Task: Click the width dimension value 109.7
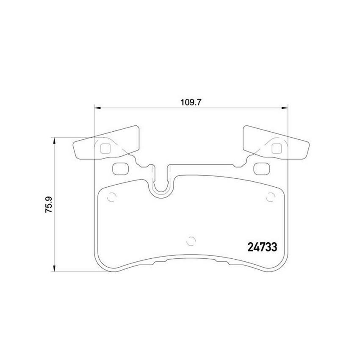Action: point(191,102)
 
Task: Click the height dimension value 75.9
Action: point(49,205)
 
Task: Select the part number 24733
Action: point(263,247)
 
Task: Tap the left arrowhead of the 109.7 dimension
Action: point(98,108)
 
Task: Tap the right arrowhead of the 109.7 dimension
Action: point(285,108)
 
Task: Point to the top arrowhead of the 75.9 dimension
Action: point(54,141)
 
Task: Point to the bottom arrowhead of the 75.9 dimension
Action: point(54,269)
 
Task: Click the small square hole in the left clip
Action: point(105,149)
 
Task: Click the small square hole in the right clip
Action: point(277,148)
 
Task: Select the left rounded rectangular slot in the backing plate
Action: point(121,169)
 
